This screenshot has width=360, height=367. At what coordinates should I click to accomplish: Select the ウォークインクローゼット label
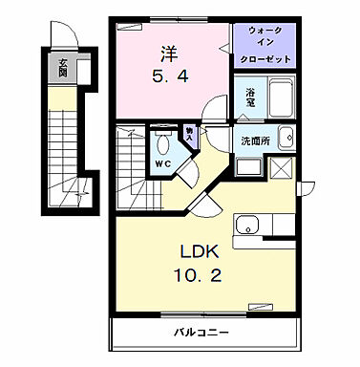(265, 44)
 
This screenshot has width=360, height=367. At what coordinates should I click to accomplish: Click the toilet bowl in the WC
(163, 144)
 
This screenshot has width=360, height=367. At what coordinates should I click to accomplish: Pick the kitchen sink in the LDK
(248, 227)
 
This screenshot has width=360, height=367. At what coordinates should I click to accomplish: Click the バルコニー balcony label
(201, 335)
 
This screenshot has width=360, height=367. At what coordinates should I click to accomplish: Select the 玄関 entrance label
(63, 69)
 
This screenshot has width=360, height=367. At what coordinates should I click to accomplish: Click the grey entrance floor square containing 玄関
(63, 70)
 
